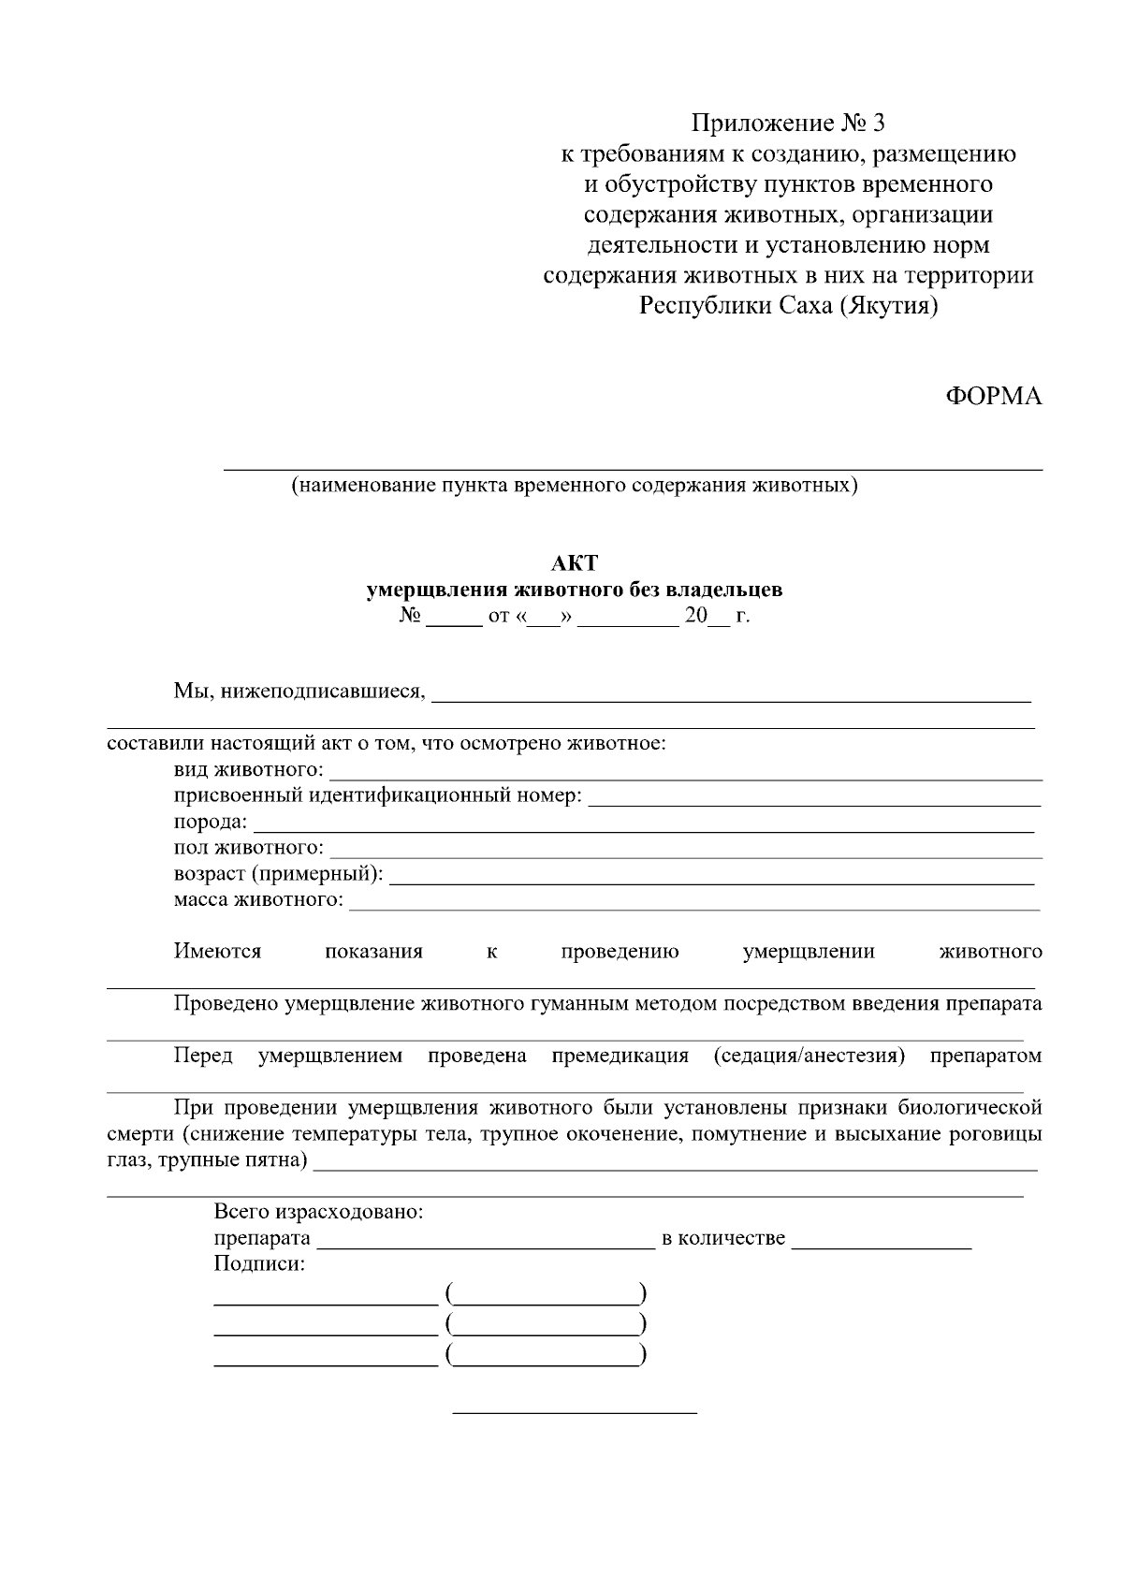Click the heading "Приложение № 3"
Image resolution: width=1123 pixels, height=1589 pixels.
click(787, 124)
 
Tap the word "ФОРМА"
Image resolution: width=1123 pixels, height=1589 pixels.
click(993, 397)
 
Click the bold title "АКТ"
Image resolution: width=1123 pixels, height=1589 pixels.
click(574, 563)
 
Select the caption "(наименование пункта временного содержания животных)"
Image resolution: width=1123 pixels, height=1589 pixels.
click(574, 486)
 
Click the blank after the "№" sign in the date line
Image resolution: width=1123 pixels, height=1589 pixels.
click(453, 620)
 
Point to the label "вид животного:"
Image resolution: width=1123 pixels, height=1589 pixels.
click(249, 770)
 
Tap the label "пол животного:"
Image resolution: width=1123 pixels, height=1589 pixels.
click(249, 848)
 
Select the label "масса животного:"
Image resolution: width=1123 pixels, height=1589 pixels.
click(258, 900)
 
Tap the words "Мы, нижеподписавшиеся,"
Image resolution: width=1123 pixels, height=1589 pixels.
click(299, 692)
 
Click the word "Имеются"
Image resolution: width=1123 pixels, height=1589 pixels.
click(217, 952)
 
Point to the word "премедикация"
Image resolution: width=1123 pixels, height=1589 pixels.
click(620, 1057)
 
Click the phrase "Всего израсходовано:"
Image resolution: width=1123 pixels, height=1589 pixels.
click(319, 1212)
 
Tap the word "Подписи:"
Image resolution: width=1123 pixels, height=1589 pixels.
click(259, 1264)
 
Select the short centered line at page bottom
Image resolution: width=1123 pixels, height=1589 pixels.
click(575, 1411)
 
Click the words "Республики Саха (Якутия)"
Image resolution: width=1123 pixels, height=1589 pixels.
click(788, 306)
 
